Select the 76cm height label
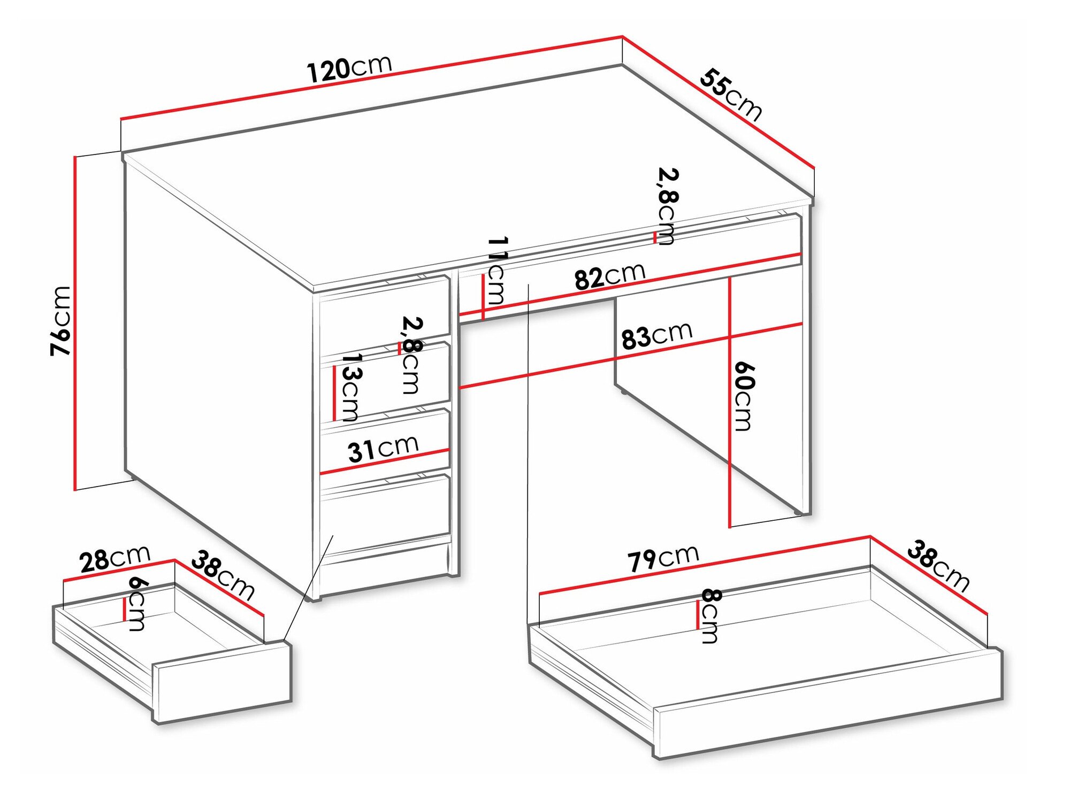tap(60, 321)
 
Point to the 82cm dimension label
tap(610, 276)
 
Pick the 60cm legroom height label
tap(743, 396)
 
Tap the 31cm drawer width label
tap(383, 448)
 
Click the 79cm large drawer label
tap(663, 558)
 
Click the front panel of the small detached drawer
tap(223, 682)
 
